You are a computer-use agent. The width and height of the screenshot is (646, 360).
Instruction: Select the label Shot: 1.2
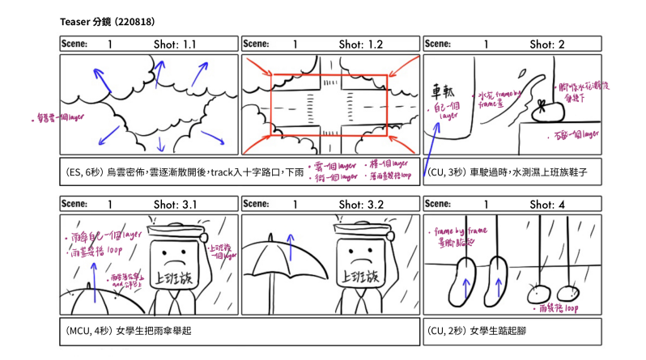click(x=360, y=44)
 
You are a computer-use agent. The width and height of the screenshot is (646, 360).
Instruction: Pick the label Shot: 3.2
click(x=360, y=205)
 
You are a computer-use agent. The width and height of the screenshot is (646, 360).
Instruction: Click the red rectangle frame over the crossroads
click(x=329, y=75)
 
